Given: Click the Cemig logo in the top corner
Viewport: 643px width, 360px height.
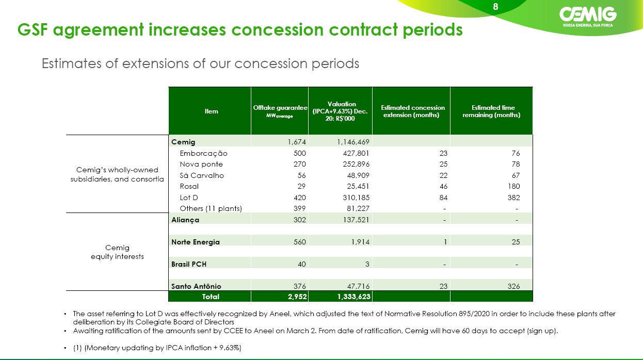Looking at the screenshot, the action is pos(588,17).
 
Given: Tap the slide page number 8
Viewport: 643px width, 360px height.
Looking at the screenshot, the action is pos(495,7).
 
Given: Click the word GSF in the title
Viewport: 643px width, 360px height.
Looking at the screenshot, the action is pos(33,29).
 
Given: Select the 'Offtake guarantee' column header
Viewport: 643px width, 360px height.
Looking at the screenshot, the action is pos(280,111).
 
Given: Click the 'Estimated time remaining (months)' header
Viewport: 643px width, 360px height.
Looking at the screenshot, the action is pos(491,111).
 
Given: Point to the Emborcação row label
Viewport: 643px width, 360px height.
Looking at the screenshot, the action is pos(203,153).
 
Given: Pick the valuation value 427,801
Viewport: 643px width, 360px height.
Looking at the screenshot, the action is pos(356,153).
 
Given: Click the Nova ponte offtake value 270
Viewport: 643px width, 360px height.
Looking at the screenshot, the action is pos(299,164).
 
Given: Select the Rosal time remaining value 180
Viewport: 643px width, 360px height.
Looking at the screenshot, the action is pos(513,186).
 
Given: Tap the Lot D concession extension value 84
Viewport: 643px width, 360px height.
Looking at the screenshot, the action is pos(443,198).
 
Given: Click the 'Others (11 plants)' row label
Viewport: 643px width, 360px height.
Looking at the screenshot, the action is pos(211,208).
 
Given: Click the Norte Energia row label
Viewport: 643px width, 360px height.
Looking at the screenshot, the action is pos(196,242).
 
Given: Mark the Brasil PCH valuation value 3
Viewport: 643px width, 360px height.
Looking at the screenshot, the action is pos(367,264).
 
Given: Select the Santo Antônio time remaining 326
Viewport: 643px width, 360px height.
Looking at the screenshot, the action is pos(513,286).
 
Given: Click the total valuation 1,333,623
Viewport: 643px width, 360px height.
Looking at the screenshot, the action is pos(354,297).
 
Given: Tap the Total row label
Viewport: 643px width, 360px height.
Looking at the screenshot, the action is pos(211,297).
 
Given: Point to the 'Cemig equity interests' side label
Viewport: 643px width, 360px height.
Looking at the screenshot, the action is pos(118,252).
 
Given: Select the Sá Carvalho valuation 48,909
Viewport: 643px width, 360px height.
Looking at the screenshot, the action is pos(358,175).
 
